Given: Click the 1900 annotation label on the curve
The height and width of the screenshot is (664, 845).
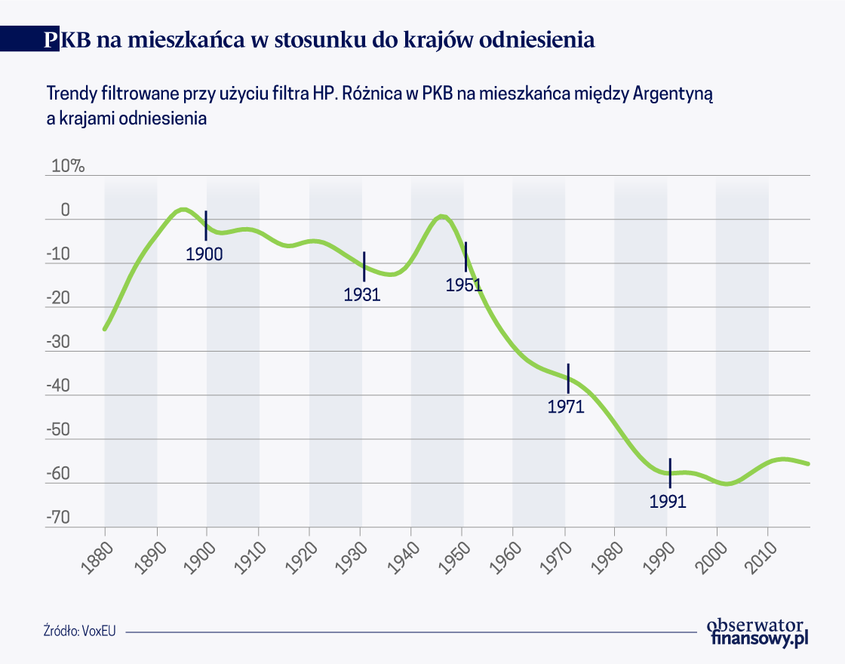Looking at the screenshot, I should pos(204,254).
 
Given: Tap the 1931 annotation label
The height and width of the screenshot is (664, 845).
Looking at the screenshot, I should pos(362,294).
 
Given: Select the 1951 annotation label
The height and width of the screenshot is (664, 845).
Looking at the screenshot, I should pos(464,285).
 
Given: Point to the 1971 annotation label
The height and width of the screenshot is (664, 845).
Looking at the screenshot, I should pos(566,407).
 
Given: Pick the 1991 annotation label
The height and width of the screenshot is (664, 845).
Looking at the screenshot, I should pos(668,501).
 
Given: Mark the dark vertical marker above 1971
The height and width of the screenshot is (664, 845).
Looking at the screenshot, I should pos(568,378).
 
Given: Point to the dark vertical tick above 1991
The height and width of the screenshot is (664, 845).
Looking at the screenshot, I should pos(669,472).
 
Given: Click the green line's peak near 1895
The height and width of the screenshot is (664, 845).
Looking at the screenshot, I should pos(182,209).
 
